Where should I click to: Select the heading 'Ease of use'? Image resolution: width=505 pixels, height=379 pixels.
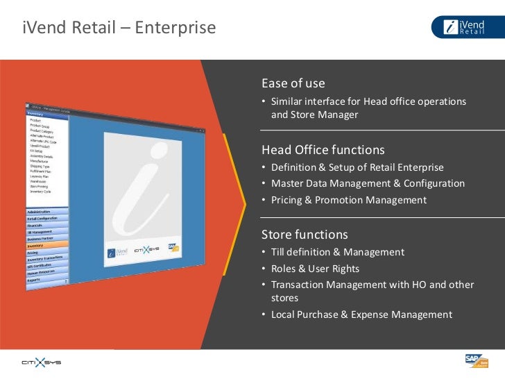pyautogui.click(x=293, y=83)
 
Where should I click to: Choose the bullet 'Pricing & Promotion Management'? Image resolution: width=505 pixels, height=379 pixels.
pyautogui.click(x=348, y=200)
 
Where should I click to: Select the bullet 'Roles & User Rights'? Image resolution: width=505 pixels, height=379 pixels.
pyautogui.click(x=315, y=269)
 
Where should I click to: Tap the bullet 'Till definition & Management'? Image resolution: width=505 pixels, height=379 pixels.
pyautogui.click(x=337, y=252)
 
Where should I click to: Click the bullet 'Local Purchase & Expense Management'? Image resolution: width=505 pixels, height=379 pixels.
pyautogui.click(x=361, y=314)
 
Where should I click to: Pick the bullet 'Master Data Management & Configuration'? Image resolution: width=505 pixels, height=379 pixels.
pyautogui.click(x=368, y=183)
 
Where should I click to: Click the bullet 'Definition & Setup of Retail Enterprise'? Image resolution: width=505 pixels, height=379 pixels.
pyautogui.click(x=357, y=167)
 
